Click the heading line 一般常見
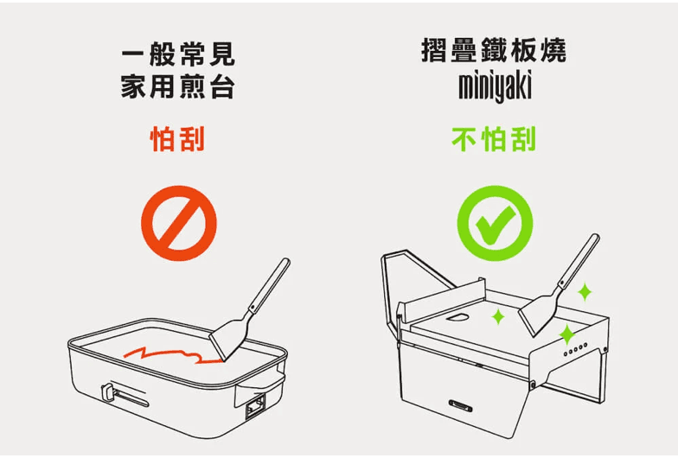[178, 56]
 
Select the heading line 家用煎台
[178, 87]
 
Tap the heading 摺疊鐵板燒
[494, 50]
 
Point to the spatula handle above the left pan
[270, 285]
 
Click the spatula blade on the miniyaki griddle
[540, 311]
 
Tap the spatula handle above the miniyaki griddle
[579, 259]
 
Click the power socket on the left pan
[256, 404]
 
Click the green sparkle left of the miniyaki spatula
[498, 317]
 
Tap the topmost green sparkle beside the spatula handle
[585, 290]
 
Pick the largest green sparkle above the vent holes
[566, 334]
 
